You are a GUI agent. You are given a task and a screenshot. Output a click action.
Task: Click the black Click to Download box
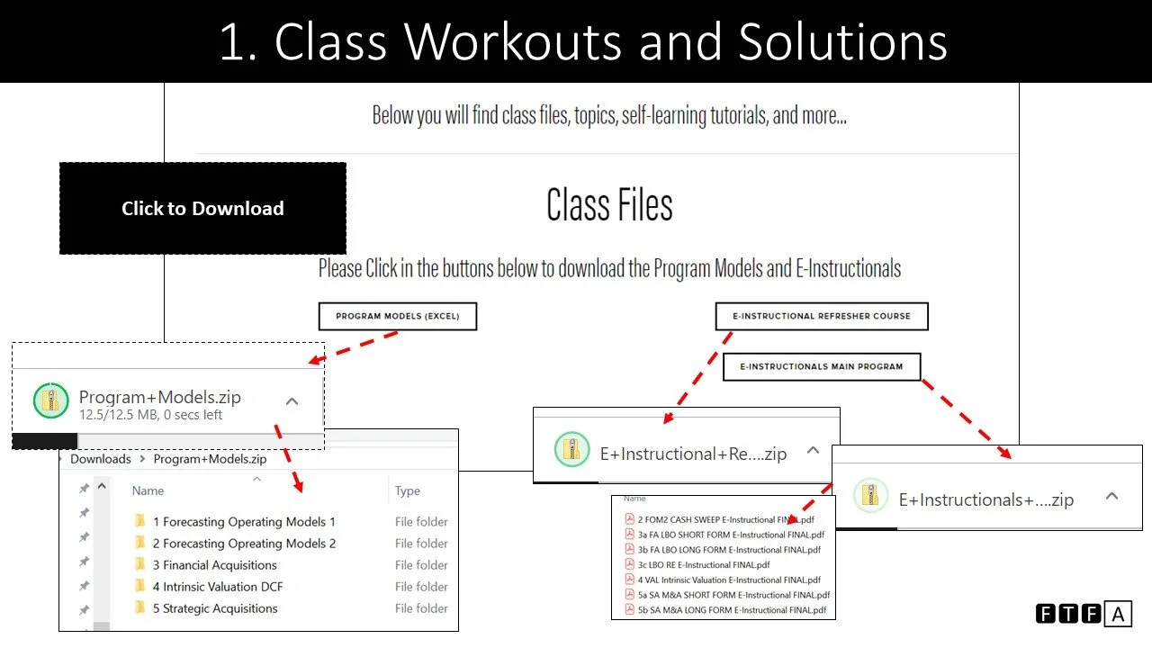pyautogui.click(x=202, y=208)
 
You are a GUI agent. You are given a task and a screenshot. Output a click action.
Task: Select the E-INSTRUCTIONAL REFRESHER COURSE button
pyautogui.click(x=821, y=316)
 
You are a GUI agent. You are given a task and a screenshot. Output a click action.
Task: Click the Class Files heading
pyautogui.click(x=609, y=205)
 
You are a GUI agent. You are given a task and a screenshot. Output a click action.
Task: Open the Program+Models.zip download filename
pyautogui.click(x=160, y=397)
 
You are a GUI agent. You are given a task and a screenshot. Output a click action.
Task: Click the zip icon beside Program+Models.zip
pyautogui.click(x=50, y=400)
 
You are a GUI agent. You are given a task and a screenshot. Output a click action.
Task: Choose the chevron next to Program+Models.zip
pyautogui.click(x=292, y=401)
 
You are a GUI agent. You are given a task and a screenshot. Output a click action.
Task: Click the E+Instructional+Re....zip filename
pyautogui.click(x=693, y=454)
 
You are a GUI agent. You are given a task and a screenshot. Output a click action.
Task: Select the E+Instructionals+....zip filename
pyautogui.click(x=985, y=499)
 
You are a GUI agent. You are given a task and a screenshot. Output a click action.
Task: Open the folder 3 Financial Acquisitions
pyautogui.click(x=214, y=565)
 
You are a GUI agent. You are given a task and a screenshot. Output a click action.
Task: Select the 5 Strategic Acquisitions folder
pyautogui.click(x=215, y=608)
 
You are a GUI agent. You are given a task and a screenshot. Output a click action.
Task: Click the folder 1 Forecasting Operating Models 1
pyautogui.click(x=243, y=522)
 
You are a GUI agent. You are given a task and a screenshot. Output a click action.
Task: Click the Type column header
pyautogui.click(x=408, y=490)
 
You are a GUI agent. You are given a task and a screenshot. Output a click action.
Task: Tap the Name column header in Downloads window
pyautogui.click(x=148, y=490)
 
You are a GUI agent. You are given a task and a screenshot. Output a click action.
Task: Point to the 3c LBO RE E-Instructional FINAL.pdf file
pyautogui.click(x=704, y=564)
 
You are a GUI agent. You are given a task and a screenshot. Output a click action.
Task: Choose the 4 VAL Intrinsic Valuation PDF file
pyautogui.click(x=729, y=580)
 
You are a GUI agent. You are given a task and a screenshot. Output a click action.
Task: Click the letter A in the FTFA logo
pyautogui.click(x=1118, y=615)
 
